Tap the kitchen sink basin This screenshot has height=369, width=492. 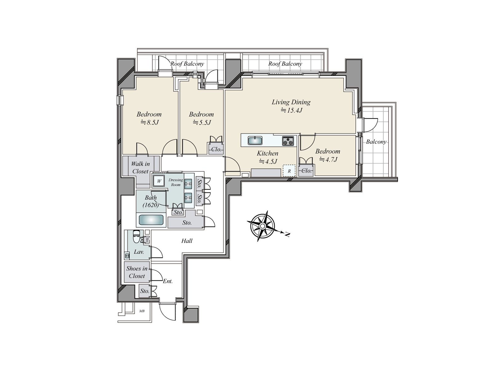click(x=255, y=141)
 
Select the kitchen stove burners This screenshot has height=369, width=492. click(x=288, y=141)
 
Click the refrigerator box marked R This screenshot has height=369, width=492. click(x=289, y=171)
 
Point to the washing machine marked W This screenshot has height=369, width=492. click(x=159, y=181)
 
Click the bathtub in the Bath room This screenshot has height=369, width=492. click(x=151, y=220)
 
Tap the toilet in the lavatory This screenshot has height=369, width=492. click(x=136, y=236)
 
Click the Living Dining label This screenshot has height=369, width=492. click(x=291, y=102)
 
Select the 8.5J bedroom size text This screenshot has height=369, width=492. click(x=149, y=123)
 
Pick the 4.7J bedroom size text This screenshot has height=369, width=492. click(x=328, y=160)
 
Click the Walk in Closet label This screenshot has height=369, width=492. click(x=140, y=168)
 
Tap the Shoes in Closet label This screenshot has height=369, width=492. click(x=137, y=272)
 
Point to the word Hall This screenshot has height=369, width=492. click(x=187, y=241)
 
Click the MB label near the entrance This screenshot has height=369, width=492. click(x=142, y=311)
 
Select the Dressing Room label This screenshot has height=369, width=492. click(x=176, y=182)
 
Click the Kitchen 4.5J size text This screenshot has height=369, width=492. click(x=268, y=161)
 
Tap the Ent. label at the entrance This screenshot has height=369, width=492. click(x=168, y=281)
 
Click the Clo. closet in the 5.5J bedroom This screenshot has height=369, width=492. click(x=216, y=149)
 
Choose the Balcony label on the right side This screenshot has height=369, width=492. click(x=376, y=142)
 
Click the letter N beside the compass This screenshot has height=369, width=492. click(x=287, y=235)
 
